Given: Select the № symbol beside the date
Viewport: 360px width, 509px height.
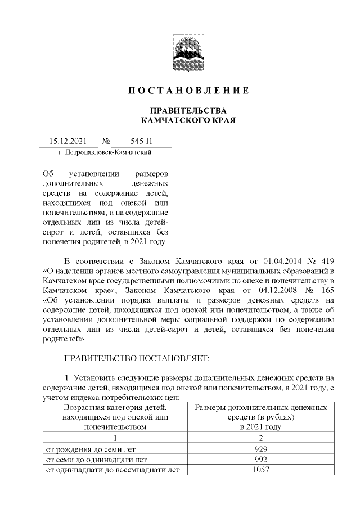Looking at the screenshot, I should click(105, 142).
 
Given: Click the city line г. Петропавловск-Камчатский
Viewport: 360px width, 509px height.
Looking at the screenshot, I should click(105, 152).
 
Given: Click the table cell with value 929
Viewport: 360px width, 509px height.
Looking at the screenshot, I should click(260, 449).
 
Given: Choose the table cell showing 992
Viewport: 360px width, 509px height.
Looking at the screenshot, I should click(260, 460).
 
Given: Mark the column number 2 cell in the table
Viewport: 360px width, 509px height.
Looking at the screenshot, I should click(260, 439).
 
